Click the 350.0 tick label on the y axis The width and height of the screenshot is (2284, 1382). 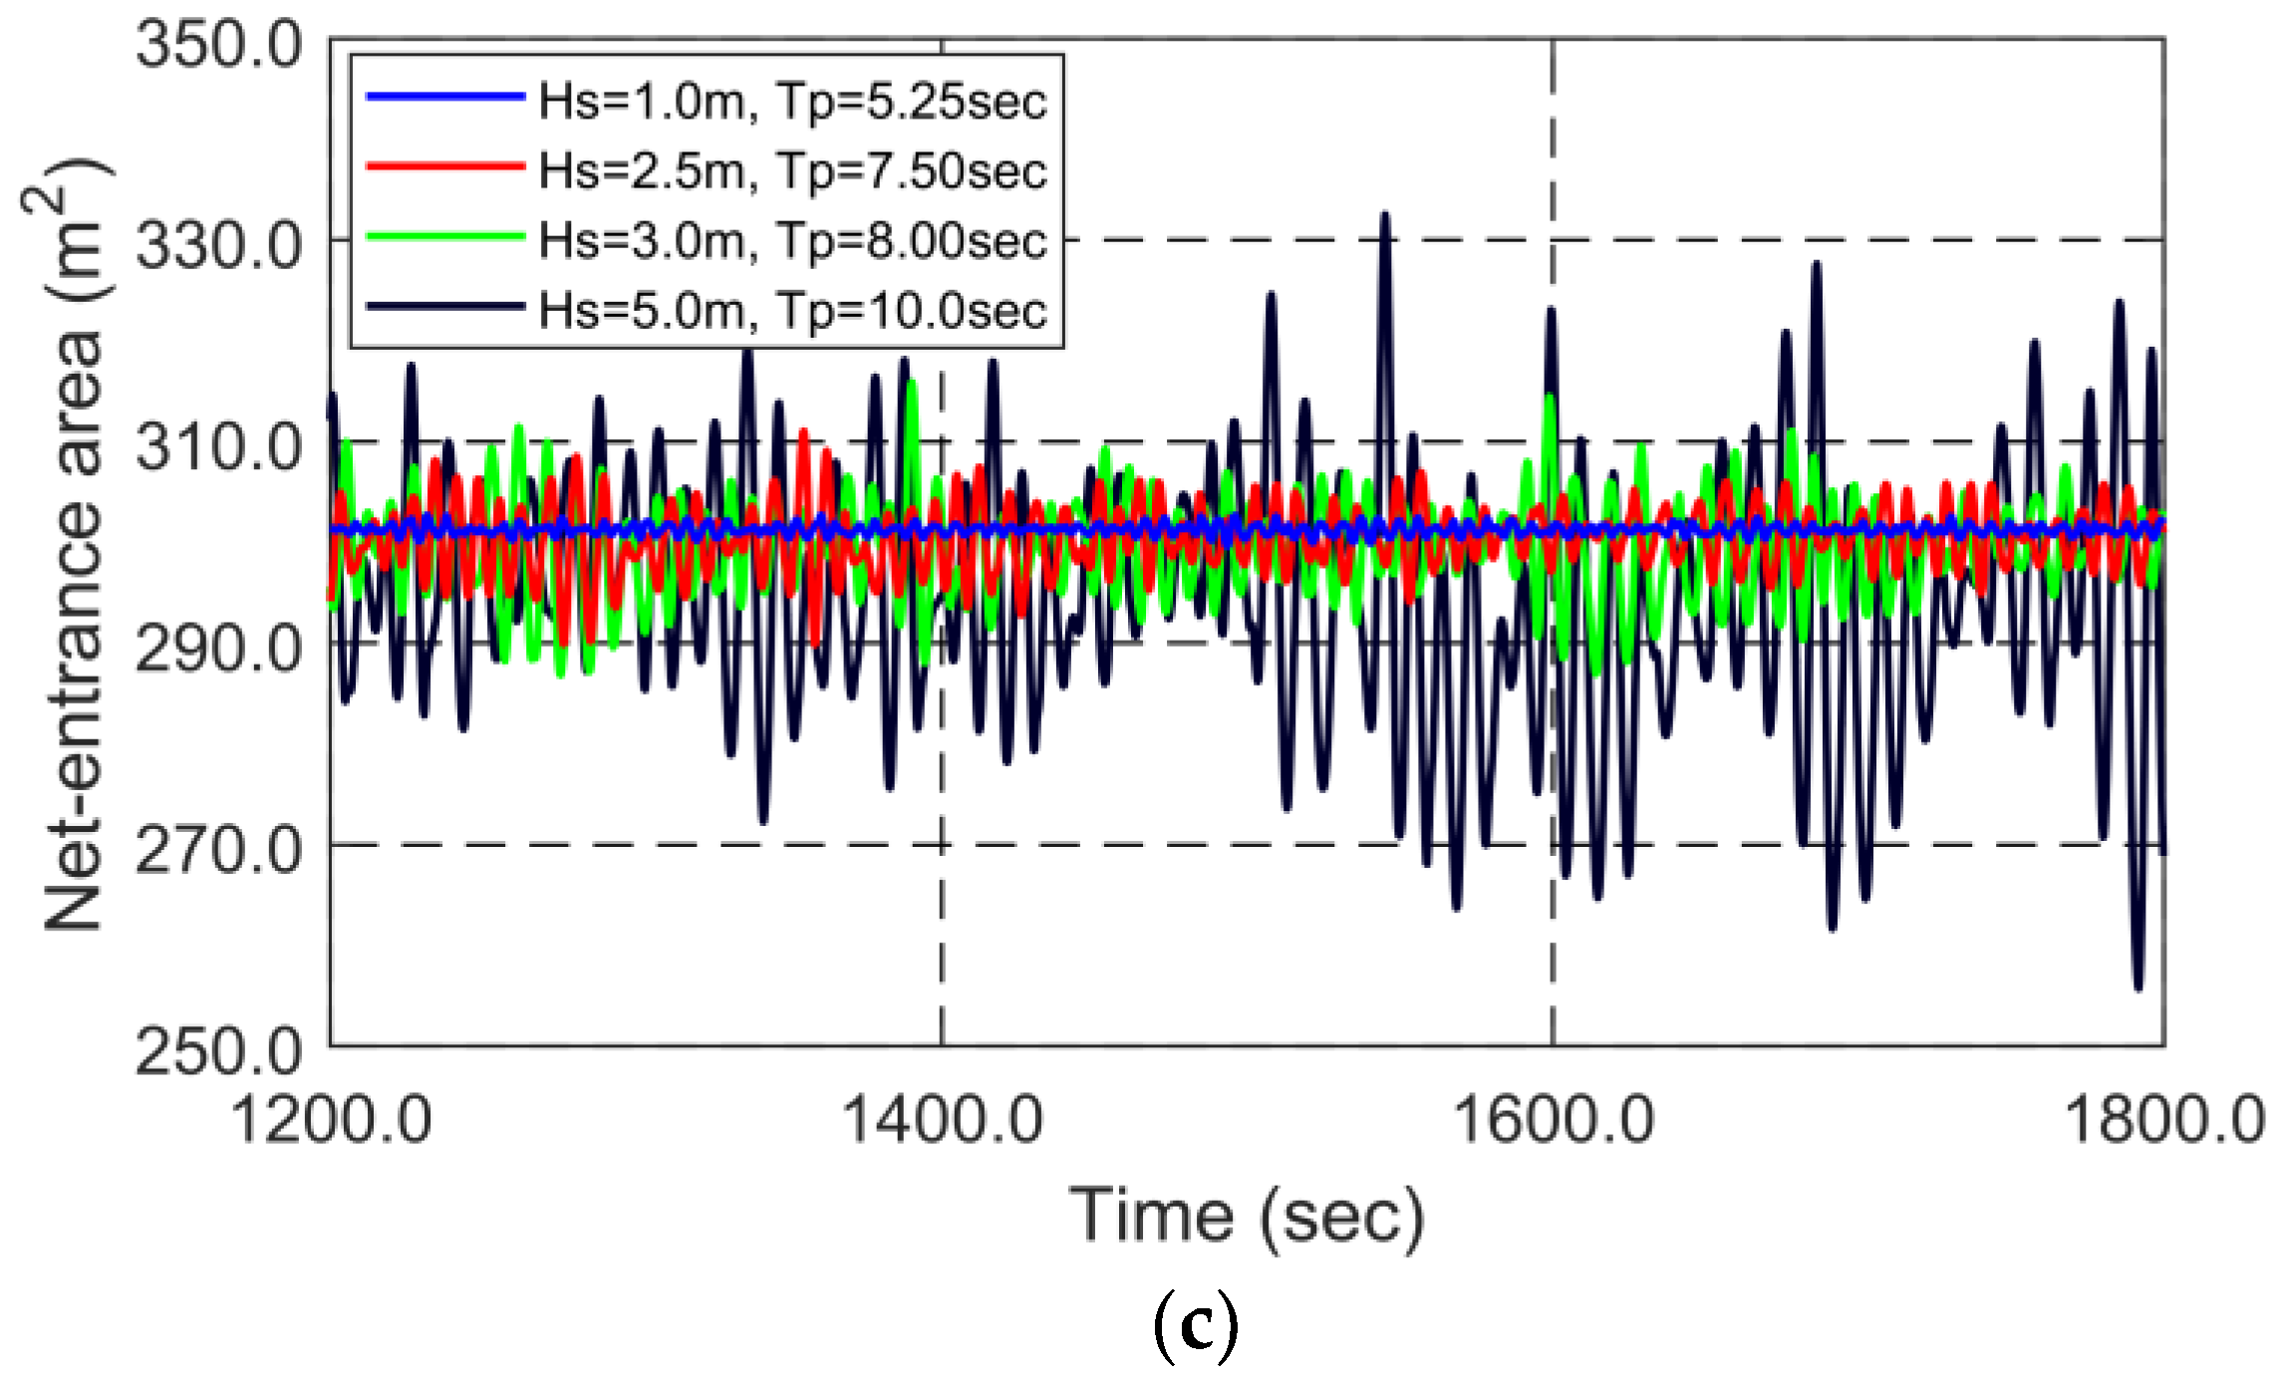click(x=218, y=46)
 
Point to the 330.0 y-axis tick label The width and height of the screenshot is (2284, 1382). click(x=218, y=244)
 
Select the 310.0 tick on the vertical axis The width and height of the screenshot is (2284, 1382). click(x=218, y=445)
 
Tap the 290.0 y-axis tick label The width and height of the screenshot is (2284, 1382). click(x=218, y=648)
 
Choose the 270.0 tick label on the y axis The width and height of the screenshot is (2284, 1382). click(x=218, y=849)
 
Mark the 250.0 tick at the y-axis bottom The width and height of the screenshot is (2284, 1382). click(x=218, y=1050)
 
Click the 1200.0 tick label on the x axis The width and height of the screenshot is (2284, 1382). click(x=331, y=1119)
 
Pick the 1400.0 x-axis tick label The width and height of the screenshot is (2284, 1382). click(x=942, y=1119)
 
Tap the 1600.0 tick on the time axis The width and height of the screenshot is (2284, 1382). click(x=1553, y=1119)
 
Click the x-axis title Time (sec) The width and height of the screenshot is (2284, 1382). click(x=1247, y=1218)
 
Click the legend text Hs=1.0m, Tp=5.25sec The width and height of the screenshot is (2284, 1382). click(x=793, y=101)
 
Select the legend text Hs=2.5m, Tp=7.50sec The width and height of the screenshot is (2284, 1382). click(x=793, y=170)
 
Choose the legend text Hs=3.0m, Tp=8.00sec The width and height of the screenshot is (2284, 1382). click(x=793, y=240)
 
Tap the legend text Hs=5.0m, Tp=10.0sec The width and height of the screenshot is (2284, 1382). click(x=793, y=310)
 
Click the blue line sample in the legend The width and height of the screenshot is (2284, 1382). click(x=445, y=97)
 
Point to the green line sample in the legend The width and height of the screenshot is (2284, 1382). click(x=445, y=236)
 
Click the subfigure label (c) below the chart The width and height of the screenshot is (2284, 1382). click(x=1195, y=1326)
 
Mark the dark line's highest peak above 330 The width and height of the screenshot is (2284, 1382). click(x=1384, y=215)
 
